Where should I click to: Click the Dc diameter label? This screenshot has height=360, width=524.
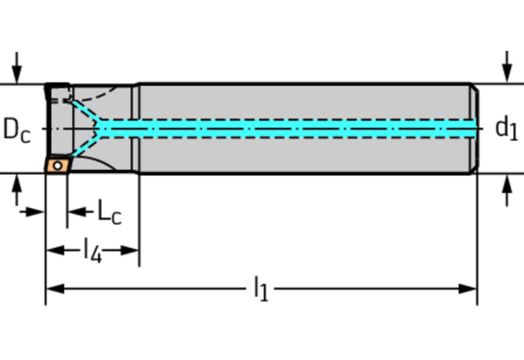[16, 130]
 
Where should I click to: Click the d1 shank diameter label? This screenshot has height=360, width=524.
[507, 128]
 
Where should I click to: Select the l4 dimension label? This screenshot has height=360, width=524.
[92, 250]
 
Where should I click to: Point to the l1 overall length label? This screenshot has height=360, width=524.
[261, 289]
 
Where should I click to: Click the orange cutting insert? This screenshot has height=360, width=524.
[58, 165]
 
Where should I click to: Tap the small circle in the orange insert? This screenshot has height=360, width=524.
[58, 165]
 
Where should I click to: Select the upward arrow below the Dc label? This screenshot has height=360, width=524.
[16, 190]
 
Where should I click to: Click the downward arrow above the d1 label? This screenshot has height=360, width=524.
[508, 67]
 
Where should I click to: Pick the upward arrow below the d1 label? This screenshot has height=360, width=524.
[508, 190]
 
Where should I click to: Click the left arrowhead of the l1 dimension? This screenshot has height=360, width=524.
[56, 289]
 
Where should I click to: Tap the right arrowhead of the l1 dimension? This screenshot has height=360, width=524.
[468, 289]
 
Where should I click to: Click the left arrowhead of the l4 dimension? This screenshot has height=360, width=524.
[56, 250]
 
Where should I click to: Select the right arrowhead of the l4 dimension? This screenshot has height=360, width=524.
[130, 250]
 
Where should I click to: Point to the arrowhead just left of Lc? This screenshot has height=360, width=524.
[77, 211]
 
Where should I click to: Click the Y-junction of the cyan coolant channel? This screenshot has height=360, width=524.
[99, 128]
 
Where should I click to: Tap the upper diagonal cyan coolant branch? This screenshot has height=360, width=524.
[85, 110]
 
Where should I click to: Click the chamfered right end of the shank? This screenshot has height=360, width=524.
[475, 128]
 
